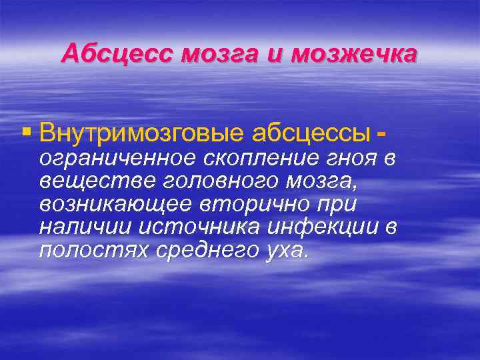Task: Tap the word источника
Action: click(x=193, y=227)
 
